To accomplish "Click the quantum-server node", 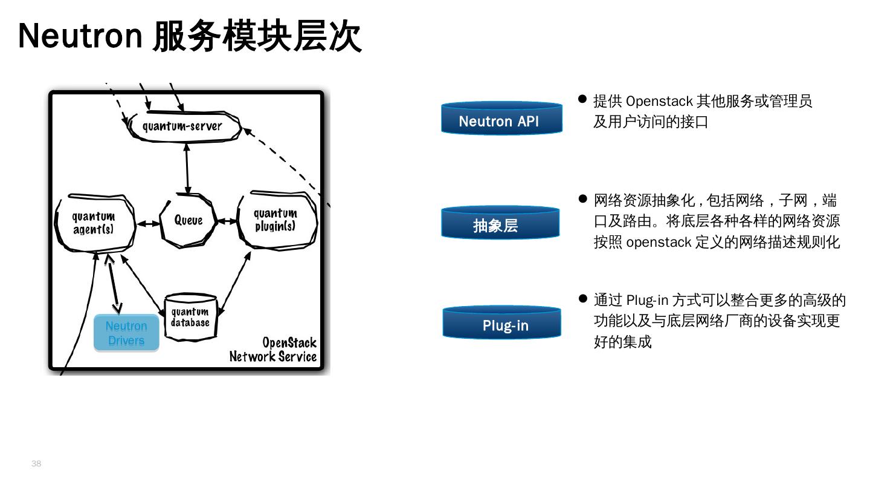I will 183,126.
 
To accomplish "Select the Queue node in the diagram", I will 188,220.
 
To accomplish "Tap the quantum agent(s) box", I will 94,223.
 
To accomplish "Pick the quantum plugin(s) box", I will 275,220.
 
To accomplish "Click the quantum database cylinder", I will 190,318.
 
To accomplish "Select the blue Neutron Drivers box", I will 126,333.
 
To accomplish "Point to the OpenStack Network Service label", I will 273,350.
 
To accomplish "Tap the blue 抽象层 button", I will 500,224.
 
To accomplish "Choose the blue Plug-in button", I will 501,324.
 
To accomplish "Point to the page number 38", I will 36,463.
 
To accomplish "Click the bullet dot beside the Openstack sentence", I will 582,99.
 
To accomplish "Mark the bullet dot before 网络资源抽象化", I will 582,198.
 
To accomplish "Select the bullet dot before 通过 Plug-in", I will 582,298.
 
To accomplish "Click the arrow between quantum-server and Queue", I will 187,168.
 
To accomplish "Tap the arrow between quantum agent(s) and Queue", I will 148,223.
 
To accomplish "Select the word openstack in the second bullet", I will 659,243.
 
